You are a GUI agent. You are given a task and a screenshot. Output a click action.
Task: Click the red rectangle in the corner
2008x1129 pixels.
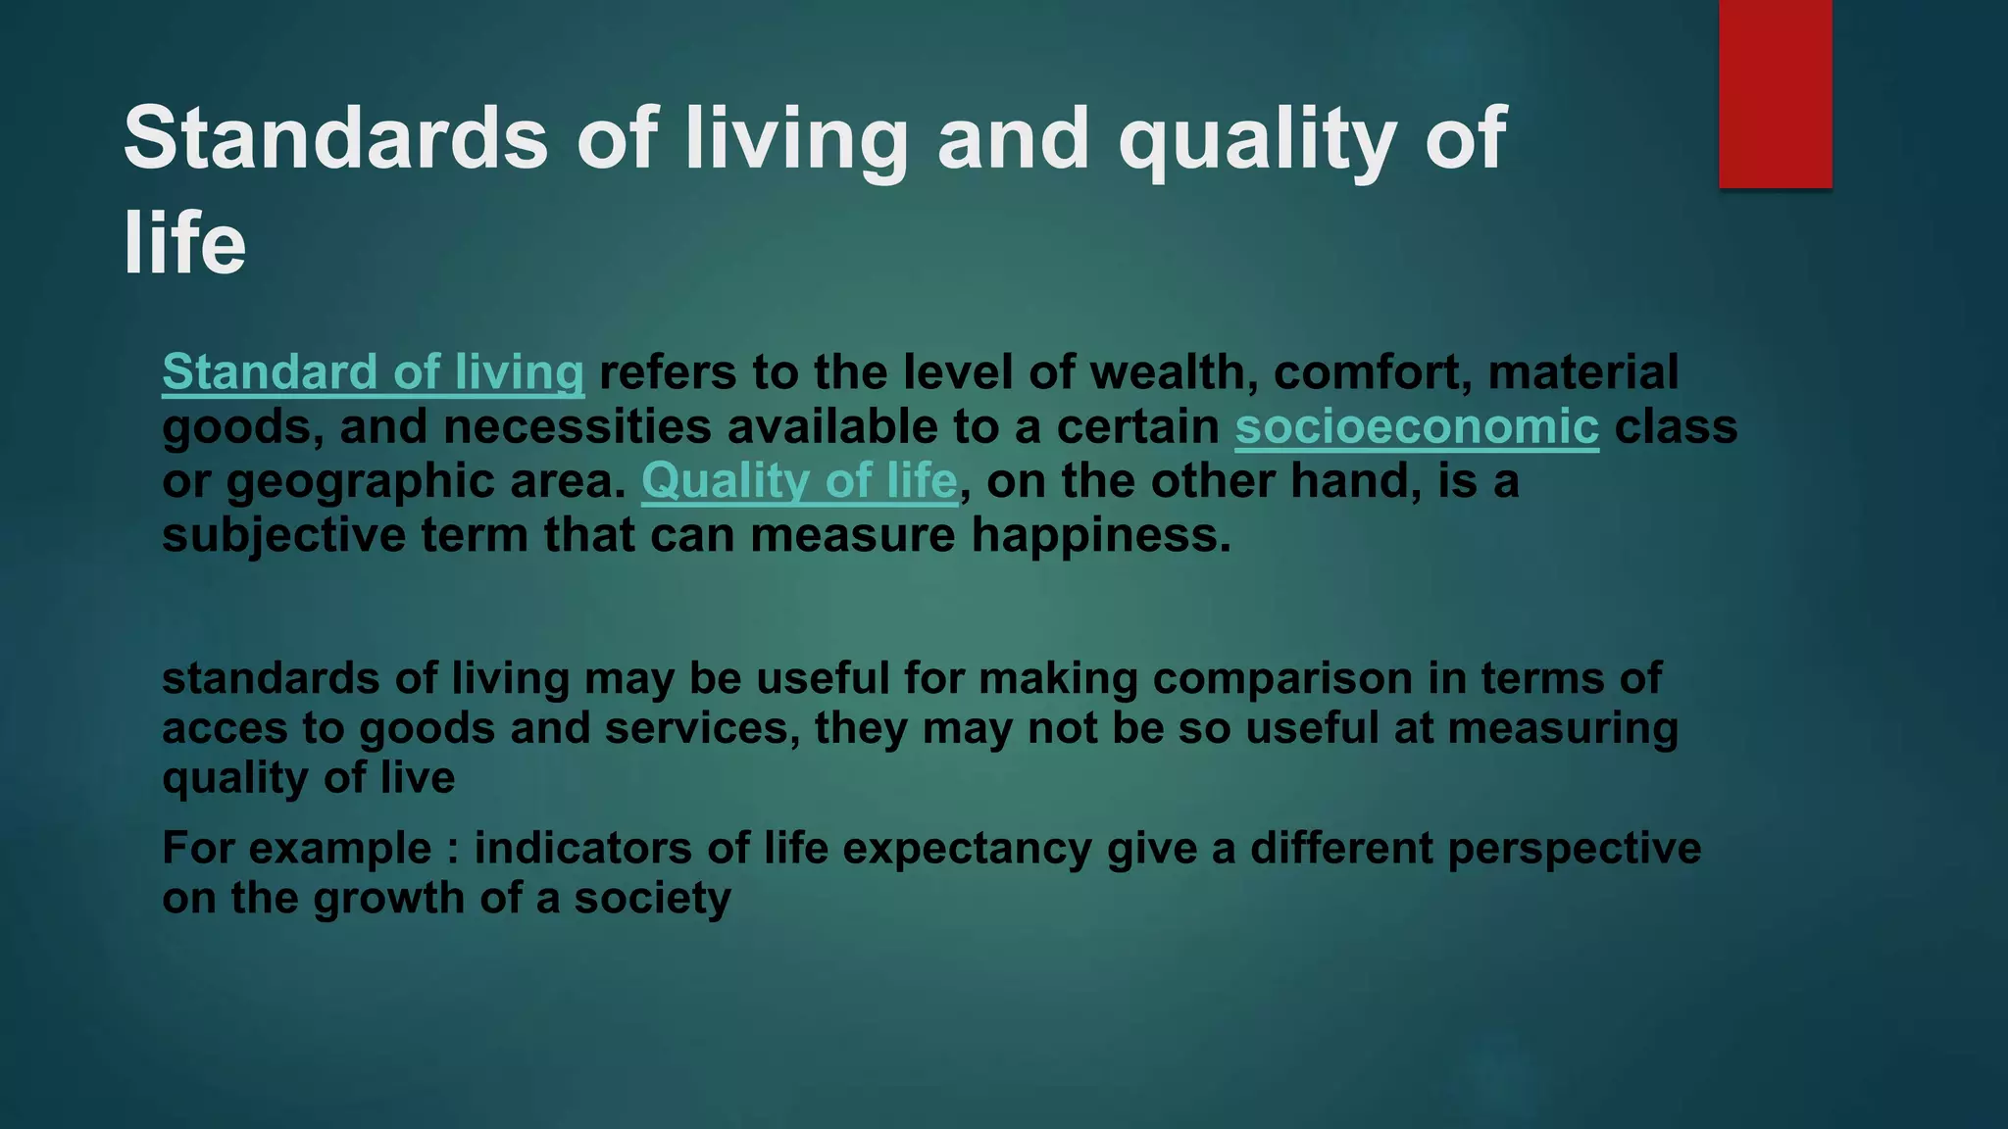click(1775, 93)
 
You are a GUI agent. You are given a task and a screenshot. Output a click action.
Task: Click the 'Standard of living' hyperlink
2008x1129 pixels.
click(373, 373)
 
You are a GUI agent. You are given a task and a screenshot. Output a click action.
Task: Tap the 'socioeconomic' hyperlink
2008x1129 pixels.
click(1417, 427)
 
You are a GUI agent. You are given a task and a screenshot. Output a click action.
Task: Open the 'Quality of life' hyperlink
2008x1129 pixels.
click(799, 481)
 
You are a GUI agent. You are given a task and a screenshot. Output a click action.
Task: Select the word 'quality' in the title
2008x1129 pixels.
click(1258, 138)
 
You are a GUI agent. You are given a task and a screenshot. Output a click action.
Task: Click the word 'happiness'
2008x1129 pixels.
click(1099, 536)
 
